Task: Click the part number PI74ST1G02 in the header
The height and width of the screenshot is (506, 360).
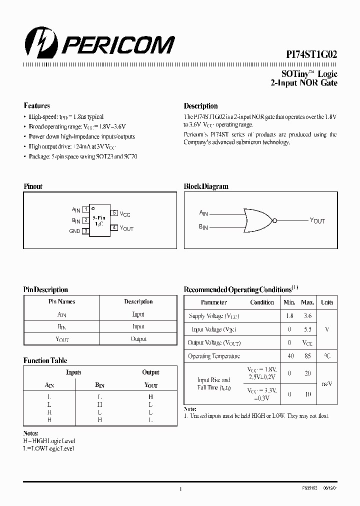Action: pos(309,56)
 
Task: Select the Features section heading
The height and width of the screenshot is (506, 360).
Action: pos(36,106)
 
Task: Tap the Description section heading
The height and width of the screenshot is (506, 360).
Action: pos(200,106)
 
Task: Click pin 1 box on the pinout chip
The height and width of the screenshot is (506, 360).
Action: pos(86,209)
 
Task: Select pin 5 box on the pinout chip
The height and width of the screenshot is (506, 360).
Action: pos(114,213)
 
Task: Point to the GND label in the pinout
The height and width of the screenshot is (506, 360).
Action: pos(74,231)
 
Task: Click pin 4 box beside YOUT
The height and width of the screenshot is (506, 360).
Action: pos(114,227)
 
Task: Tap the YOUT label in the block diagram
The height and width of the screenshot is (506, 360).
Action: pos(317,220)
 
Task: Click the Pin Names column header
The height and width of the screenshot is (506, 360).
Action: pos(61,302)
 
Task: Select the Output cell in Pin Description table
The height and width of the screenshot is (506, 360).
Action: pos(138,339)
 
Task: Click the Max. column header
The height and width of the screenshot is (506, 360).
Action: pos(307,302)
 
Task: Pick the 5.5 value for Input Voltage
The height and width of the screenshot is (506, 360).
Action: pos(307,330)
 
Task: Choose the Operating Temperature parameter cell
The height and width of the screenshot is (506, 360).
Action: pos(214,356)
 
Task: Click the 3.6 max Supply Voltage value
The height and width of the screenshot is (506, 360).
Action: pos(307,316)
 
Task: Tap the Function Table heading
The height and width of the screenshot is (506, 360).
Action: pos(45,360)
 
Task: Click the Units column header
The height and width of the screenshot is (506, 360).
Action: pos(327,302)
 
